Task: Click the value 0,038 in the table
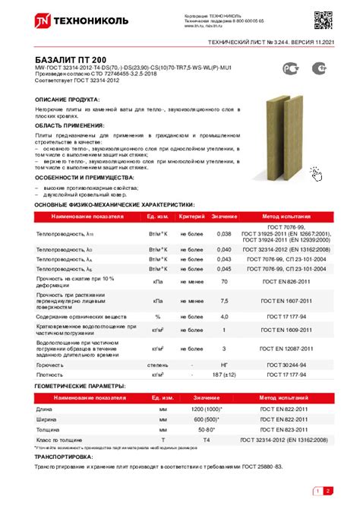[x=224, y=234]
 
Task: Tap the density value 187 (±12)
[x=224, y=374]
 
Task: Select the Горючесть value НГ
[x=224, y=365]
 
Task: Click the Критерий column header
[x=191, y=217]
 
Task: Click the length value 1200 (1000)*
[x=207, y=410]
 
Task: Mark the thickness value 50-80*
[x=207, y=429]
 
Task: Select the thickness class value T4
[x=207, y=439]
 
